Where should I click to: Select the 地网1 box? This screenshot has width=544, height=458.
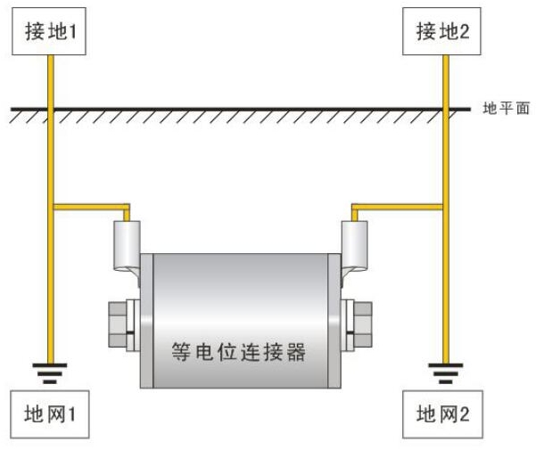(54, 415)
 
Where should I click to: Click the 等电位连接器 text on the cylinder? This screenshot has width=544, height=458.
(239, 351)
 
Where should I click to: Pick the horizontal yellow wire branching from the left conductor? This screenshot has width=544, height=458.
(89, 209)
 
